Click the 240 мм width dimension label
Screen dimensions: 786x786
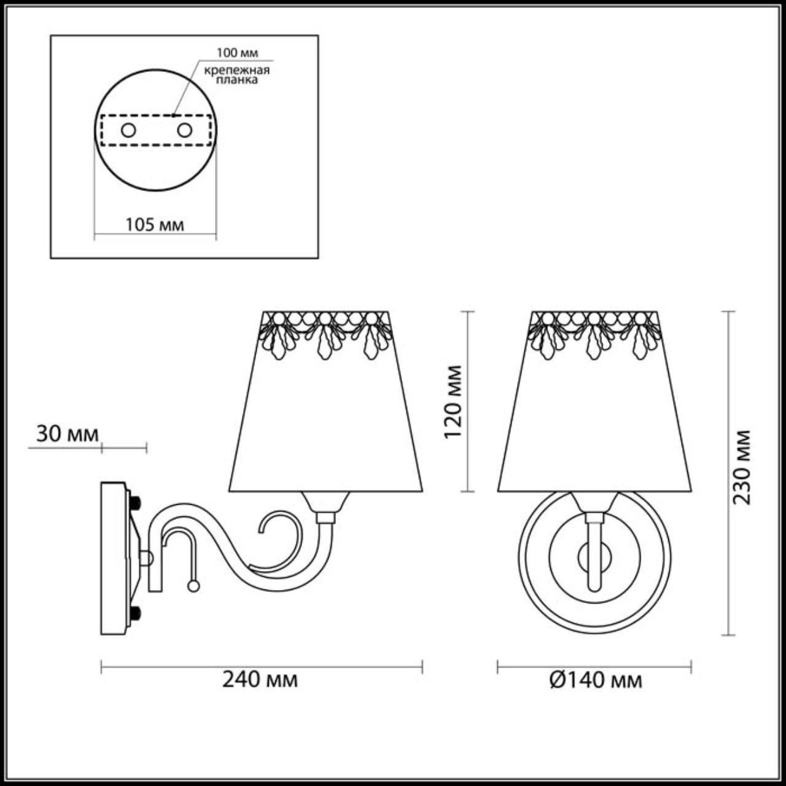(260, 680)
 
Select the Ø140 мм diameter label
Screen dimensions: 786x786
(596, 680)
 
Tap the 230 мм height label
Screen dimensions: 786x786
(741, 467)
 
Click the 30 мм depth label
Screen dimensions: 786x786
(68, 434)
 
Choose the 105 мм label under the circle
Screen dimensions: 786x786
(154, 225)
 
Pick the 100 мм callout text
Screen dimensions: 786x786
(238, 53)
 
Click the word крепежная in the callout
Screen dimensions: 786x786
(237, 70)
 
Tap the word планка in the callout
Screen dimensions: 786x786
(237, 80)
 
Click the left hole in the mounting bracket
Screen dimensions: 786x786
(128, 131)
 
